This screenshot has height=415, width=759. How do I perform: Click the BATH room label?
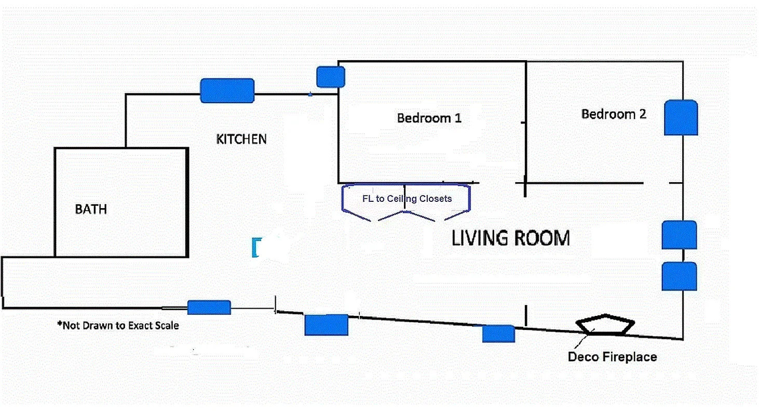91,209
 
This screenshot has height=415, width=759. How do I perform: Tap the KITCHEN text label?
241,139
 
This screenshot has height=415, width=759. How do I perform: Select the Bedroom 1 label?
429,118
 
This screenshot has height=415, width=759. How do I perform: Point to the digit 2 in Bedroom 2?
642,114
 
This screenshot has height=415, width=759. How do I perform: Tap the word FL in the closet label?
367,198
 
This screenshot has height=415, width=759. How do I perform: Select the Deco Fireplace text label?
612,357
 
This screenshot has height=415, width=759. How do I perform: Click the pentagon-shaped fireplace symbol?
605,325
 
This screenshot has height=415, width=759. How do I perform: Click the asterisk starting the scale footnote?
59,325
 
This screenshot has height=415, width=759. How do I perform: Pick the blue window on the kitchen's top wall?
227,91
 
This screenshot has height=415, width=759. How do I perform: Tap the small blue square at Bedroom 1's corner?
330,77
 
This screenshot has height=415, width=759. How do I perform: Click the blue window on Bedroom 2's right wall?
681,118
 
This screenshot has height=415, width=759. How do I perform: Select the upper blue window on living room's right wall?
679,235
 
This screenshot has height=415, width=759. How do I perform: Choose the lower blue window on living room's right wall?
679,276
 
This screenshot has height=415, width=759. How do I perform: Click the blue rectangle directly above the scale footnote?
209,308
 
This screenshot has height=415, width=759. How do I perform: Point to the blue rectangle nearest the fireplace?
498,334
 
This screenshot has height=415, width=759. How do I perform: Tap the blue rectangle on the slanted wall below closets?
326,325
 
